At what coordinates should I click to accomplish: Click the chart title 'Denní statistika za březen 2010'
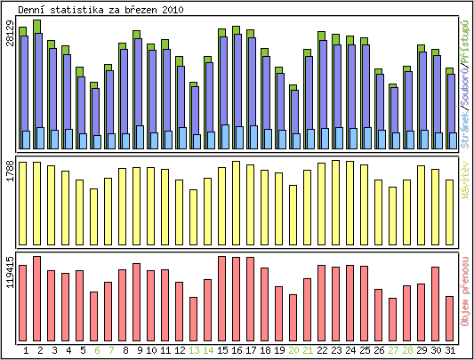tap(100, 10)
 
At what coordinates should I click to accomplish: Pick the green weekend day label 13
tap(194, 350)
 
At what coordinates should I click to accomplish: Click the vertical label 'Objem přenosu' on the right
tap(463, 290)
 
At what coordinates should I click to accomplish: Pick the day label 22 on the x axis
tap(322, 350)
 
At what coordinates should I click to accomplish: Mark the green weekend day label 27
tap(393, 350)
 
